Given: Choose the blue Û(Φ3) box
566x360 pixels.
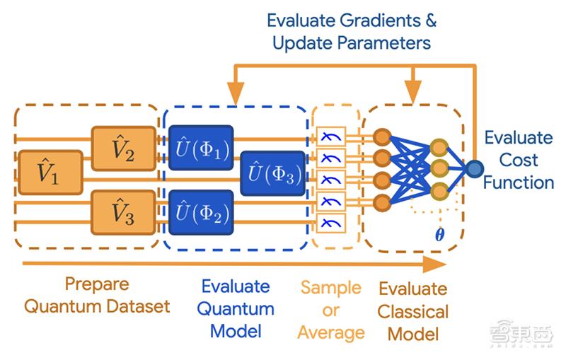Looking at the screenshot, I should point(272,172).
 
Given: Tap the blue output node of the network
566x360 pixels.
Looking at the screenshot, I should point(473,168).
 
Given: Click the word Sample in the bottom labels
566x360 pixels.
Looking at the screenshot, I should point(330,288).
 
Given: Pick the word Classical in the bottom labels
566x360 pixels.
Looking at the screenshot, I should point(412,311).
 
